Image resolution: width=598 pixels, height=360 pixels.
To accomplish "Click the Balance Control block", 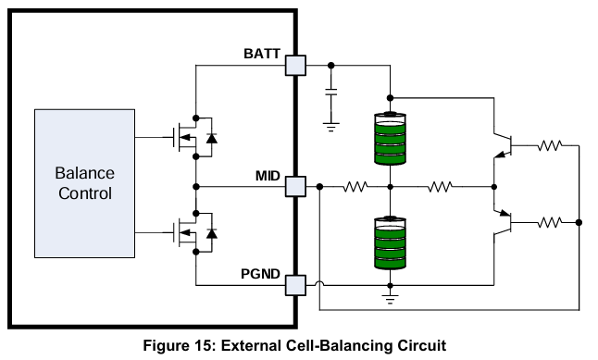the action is pos(84,183).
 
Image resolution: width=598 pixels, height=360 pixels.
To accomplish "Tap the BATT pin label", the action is pos(262,54).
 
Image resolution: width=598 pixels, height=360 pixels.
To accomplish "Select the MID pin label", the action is pos(268,176).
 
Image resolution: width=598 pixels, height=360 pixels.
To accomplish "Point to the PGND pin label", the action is pos(260,274).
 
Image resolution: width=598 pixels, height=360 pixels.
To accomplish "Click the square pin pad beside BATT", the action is pos(295,65).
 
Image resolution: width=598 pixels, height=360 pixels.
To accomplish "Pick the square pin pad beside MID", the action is pos(295,187).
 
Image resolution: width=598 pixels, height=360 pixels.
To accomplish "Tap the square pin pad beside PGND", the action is pos(295,285).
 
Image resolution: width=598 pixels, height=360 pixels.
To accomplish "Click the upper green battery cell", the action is pos(390,139).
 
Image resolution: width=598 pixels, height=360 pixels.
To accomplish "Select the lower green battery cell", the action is pos(390,242).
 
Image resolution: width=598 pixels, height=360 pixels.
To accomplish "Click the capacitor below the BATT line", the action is pos(331,92).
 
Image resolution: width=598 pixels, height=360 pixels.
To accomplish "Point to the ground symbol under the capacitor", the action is pos(331,127).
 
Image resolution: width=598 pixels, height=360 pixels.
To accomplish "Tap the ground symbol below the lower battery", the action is pos(390,299).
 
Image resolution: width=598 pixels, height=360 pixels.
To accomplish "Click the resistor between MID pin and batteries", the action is pos(355,187).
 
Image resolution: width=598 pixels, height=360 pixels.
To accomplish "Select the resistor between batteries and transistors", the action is pos(440,187).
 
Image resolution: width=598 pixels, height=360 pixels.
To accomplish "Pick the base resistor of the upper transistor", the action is pos(550,145).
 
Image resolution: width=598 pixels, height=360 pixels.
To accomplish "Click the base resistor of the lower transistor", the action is pos(550,222).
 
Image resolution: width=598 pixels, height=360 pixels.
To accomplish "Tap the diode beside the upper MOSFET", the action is pos(212,138).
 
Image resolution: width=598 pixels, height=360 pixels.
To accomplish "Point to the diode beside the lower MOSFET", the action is pos(212,233).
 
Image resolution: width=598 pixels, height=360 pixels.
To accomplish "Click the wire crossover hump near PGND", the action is pos(319,283).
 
